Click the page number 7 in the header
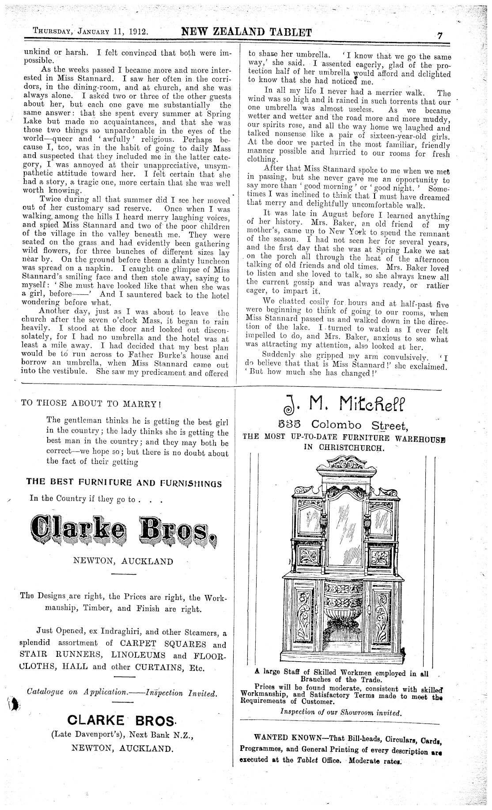coord(439,36)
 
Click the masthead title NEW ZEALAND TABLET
coord(246,32)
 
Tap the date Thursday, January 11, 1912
coord(91,32)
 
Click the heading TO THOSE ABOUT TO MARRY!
coord(91,403)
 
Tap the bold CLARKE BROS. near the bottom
coord(122,721)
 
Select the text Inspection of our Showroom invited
coord(341,712)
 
